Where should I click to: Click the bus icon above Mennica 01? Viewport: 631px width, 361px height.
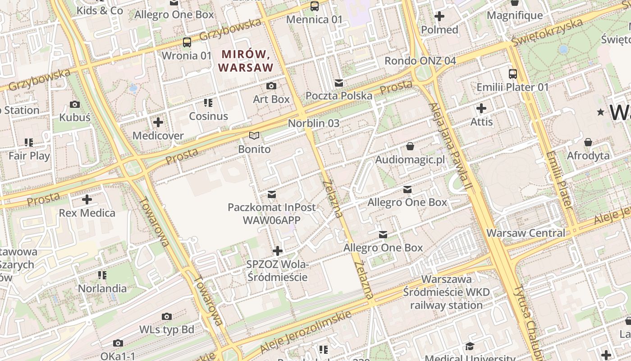(x=315, y=6)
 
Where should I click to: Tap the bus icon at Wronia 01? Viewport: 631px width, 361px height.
(x=187, y=42)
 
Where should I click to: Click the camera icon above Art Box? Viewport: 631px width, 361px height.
(x=271, y=86)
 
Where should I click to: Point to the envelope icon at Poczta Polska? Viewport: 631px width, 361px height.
(x=339, y=83)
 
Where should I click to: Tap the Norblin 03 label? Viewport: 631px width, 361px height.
(x=314, y=123)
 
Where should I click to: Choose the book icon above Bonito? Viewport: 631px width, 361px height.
(x=255, y=135)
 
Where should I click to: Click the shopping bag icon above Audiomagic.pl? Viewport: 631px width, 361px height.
(x=410, y=146)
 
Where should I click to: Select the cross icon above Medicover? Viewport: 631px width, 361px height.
(x=158, y=122)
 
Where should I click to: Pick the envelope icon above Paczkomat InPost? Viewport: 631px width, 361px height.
(x=272, y=194)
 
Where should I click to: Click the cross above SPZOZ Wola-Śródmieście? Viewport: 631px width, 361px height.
(x=278, y=251)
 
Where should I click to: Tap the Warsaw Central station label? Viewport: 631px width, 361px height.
(x=526, y=233)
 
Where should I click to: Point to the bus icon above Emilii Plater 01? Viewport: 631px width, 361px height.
(x=513, y=74)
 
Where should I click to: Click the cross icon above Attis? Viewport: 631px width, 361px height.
(x=481, y=108)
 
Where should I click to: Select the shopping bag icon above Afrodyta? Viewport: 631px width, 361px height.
(x=588, y=143)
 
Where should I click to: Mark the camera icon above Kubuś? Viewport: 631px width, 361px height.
(x=75, y=105)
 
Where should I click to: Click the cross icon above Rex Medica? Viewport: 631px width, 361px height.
(x=87, y=199)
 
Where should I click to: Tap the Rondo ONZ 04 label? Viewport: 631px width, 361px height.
(x=420, y=60)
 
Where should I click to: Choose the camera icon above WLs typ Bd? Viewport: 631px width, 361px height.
(x=167, y=316)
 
